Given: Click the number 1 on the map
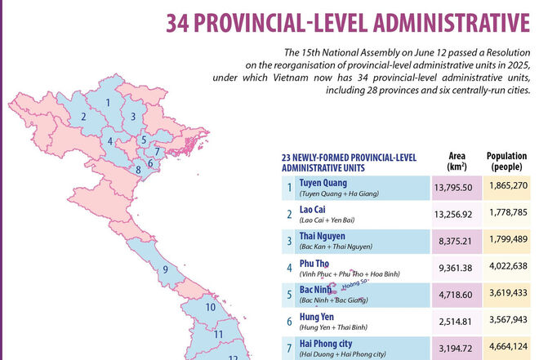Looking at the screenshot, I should click(x=108, y=103).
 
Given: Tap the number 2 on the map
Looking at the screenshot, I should click(x=82, y=118).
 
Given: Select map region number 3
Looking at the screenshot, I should click(x=132, y=117).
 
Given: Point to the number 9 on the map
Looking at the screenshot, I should click(x=165, y=269).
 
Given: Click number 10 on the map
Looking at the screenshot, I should click(x=210, y=308).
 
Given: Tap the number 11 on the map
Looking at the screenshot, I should click(x=218, y=334).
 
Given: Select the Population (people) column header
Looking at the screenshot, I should click(x=506, y=161).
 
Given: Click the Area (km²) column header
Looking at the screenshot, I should click(x=457, y=161).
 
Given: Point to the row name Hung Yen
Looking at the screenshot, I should click(x=318, y=315).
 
